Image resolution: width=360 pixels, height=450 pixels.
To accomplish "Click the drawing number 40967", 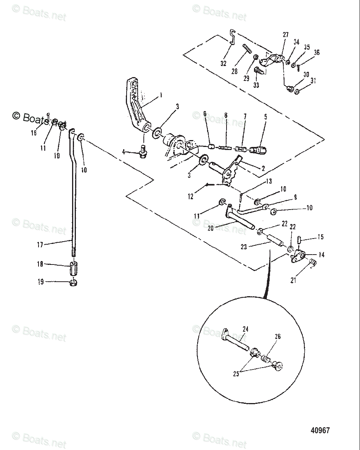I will (320, 430).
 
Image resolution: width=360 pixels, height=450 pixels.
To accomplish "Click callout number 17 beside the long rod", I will (40, 245).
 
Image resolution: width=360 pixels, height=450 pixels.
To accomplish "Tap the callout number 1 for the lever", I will (161, 95).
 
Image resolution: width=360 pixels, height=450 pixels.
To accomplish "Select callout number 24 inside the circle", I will (245, 329).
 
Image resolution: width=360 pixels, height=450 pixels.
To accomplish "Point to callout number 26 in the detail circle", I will (278, 337).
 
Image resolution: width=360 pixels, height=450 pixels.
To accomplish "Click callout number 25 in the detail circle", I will (236, 374).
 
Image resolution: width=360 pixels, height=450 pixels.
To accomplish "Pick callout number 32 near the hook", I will (223, 63).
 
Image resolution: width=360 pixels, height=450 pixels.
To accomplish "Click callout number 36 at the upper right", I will (317, 53).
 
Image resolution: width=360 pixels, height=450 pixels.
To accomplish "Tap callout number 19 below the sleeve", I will (40, 282).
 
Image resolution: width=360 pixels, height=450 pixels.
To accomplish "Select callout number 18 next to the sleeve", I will (40, 264).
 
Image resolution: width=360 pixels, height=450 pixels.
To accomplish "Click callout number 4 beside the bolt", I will (124, 152).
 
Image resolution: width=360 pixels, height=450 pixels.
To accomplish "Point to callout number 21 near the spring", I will (293, 281).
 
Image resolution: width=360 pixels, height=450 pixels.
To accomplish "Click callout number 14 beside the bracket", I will (321, 255).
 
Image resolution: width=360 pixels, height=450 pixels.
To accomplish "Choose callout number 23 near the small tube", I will (244, 247).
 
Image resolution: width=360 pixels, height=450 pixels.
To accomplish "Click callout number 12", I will (191, 197).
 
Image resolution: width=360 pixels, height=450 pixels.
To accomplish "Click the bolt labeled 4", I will (144, 152).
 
